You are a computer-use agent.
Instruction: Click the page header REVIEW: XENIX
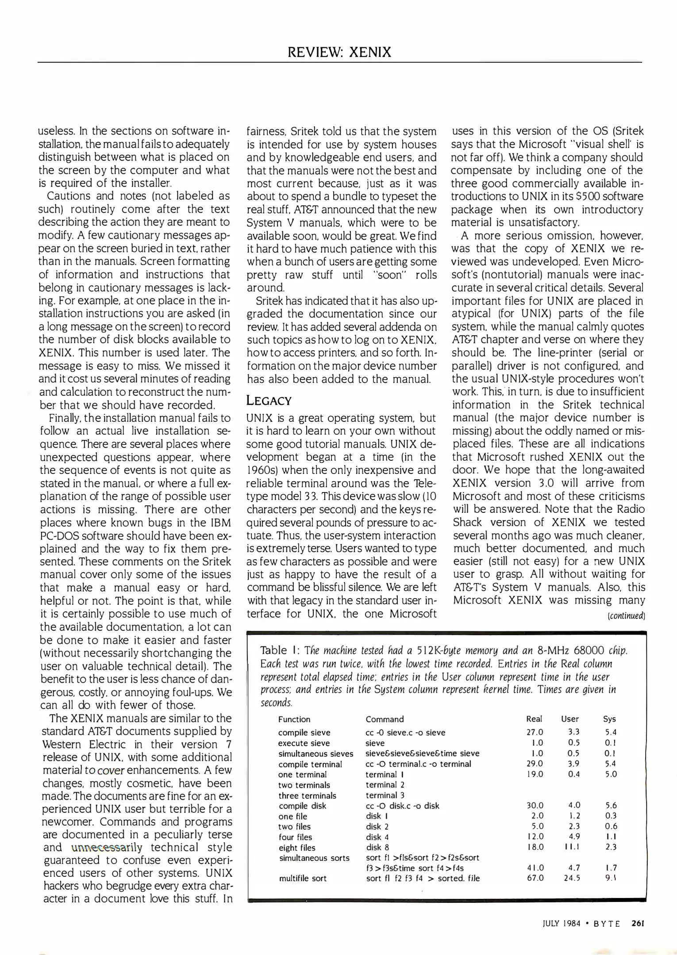(x=339, y=52)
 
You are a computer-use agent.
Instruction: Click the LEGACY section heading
(x=269, y=401)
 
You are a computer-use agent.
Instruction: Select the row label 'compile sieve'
(x=304, y=733)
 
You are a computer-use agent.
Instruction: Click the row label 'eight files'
(x=297, y=848)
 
